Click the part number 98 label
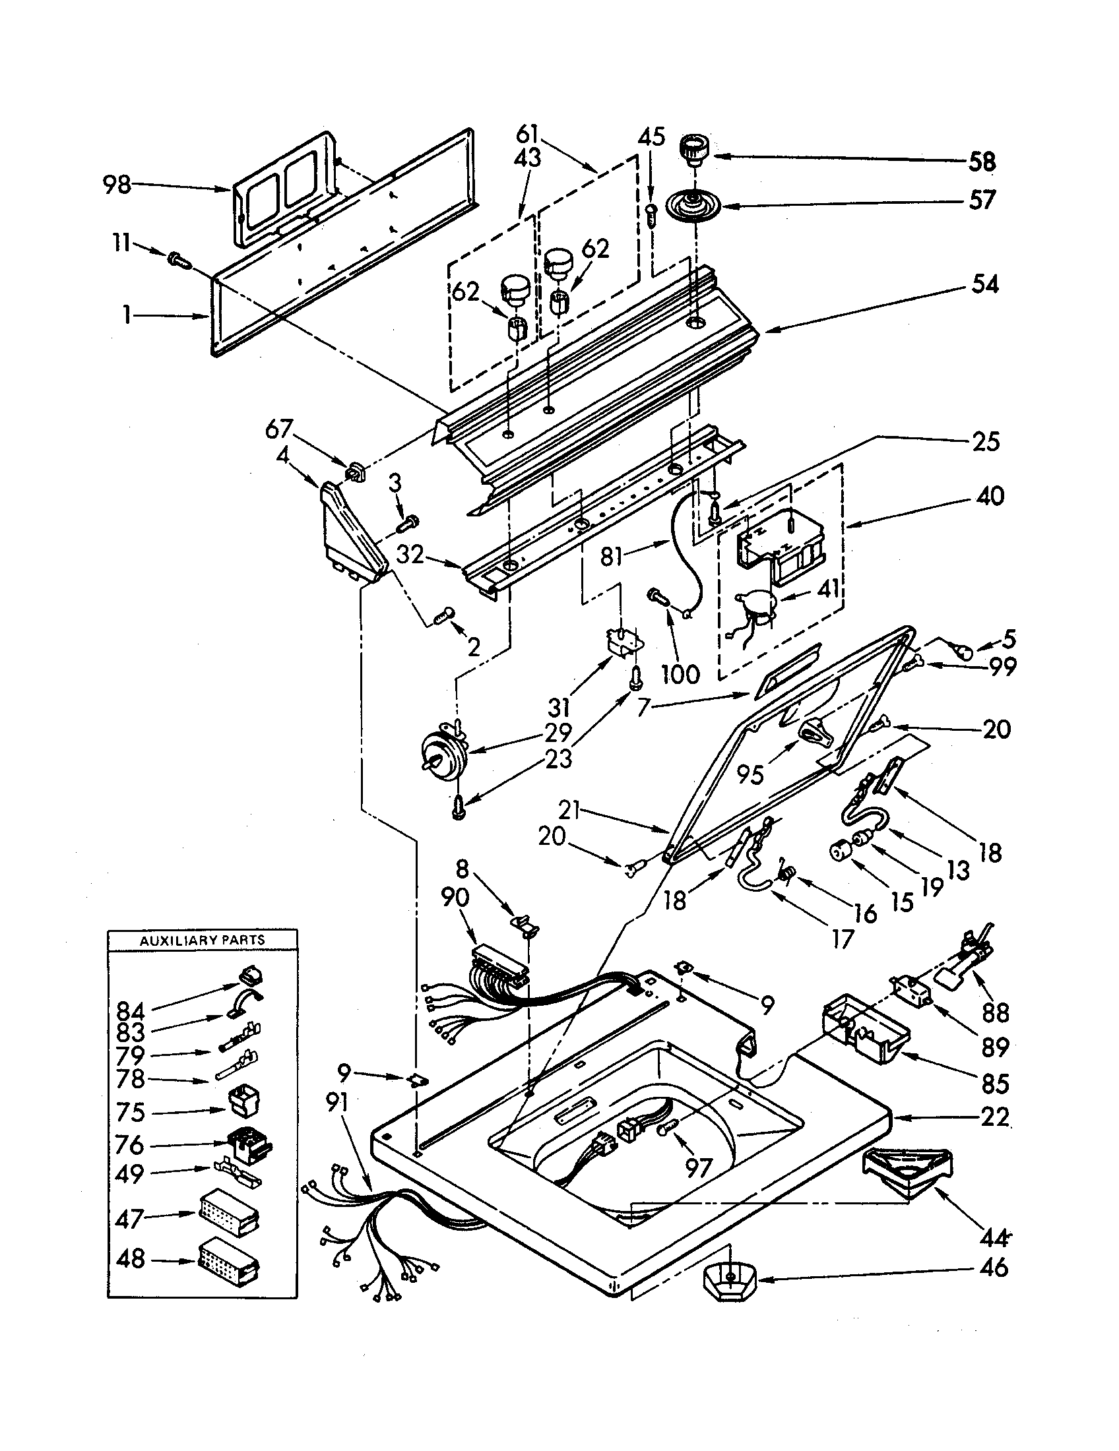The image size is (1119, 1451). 117,185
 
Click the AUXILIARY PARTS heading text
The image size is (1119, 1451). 202,940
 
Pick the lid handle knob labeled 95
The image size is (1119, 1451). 814,731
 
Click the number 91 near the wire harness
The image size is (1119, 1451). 338,1103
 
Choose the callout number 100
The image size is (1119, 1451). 680,673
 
